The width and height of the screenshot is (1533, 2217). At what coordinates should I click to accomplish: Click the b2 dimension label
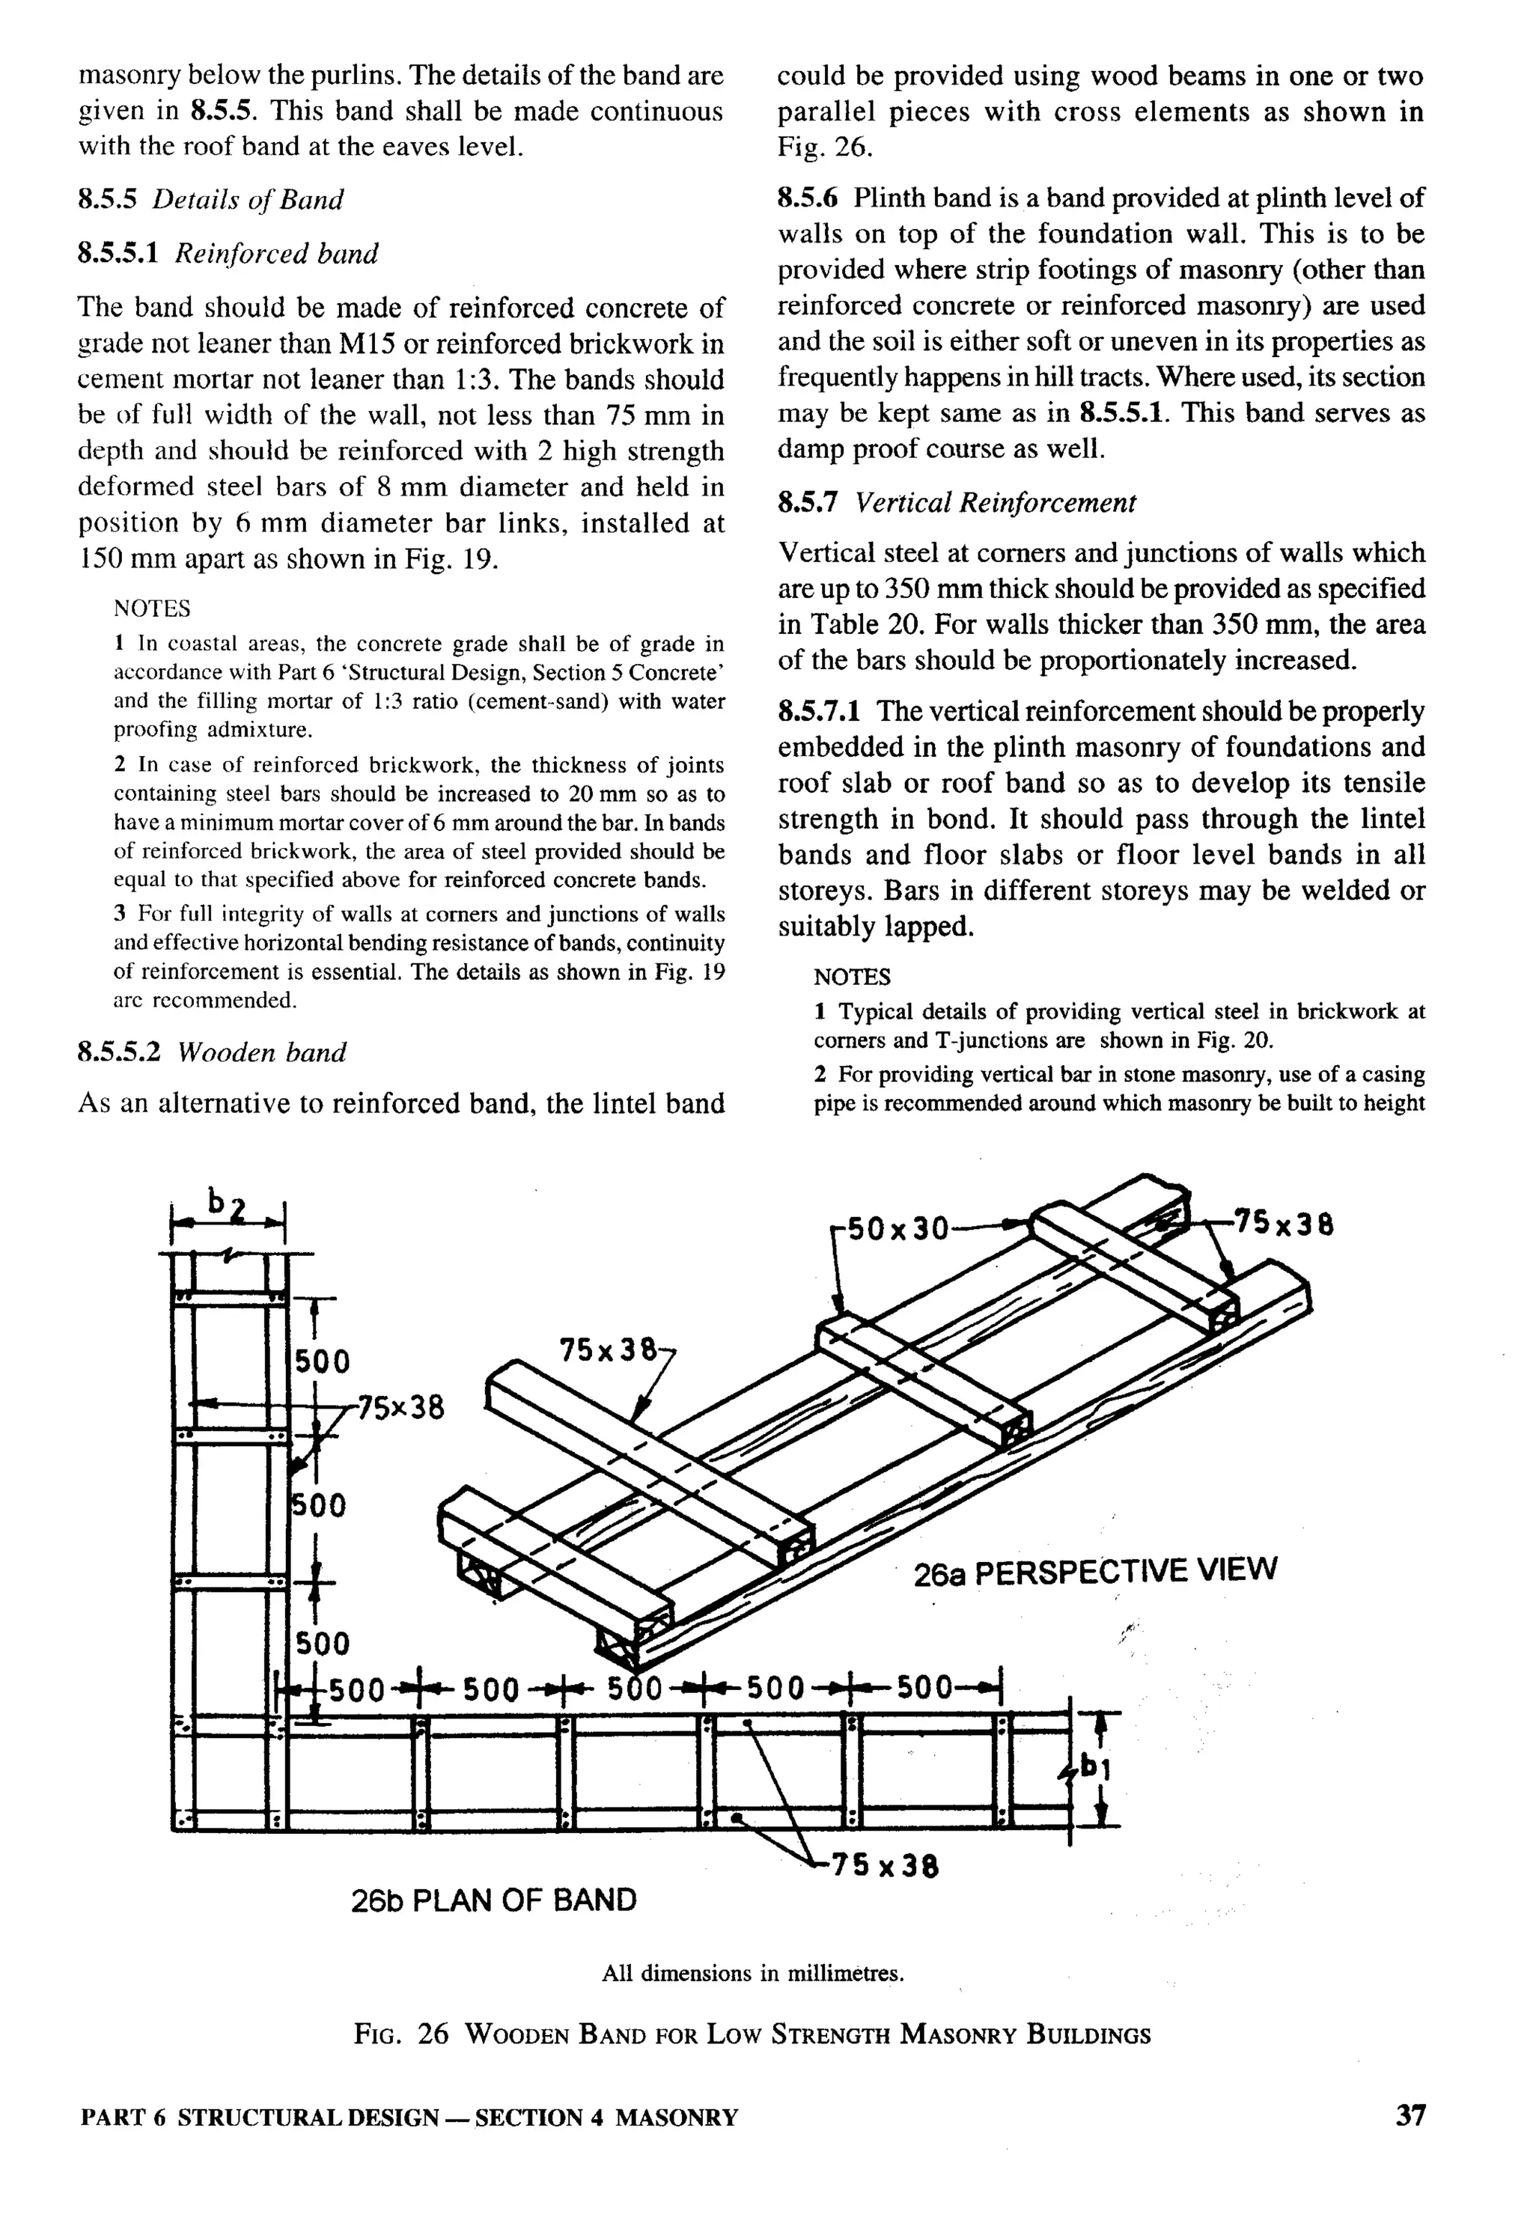pos(228,1202)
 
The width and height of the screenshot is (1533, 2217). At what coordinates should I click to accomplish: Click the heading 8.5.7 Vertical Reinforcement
pos(957,502)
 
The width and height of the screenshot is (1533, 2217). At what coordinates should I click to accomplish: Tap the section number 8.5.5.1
pos(118,254)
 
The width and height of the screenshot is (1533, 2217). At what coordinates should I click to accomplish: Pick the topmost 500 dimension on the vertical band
pos(322,1361)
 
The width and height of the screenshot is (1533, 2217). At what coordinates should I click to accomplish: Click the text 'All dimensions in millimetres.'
pos(753,1973)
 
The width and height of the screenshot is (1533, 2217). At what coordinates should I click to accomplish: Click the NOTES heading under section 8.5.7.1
pos(852,978)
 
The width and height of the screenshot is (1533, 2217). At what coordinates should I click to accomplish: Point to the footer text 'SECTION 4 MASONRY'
pos(606,2117)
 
